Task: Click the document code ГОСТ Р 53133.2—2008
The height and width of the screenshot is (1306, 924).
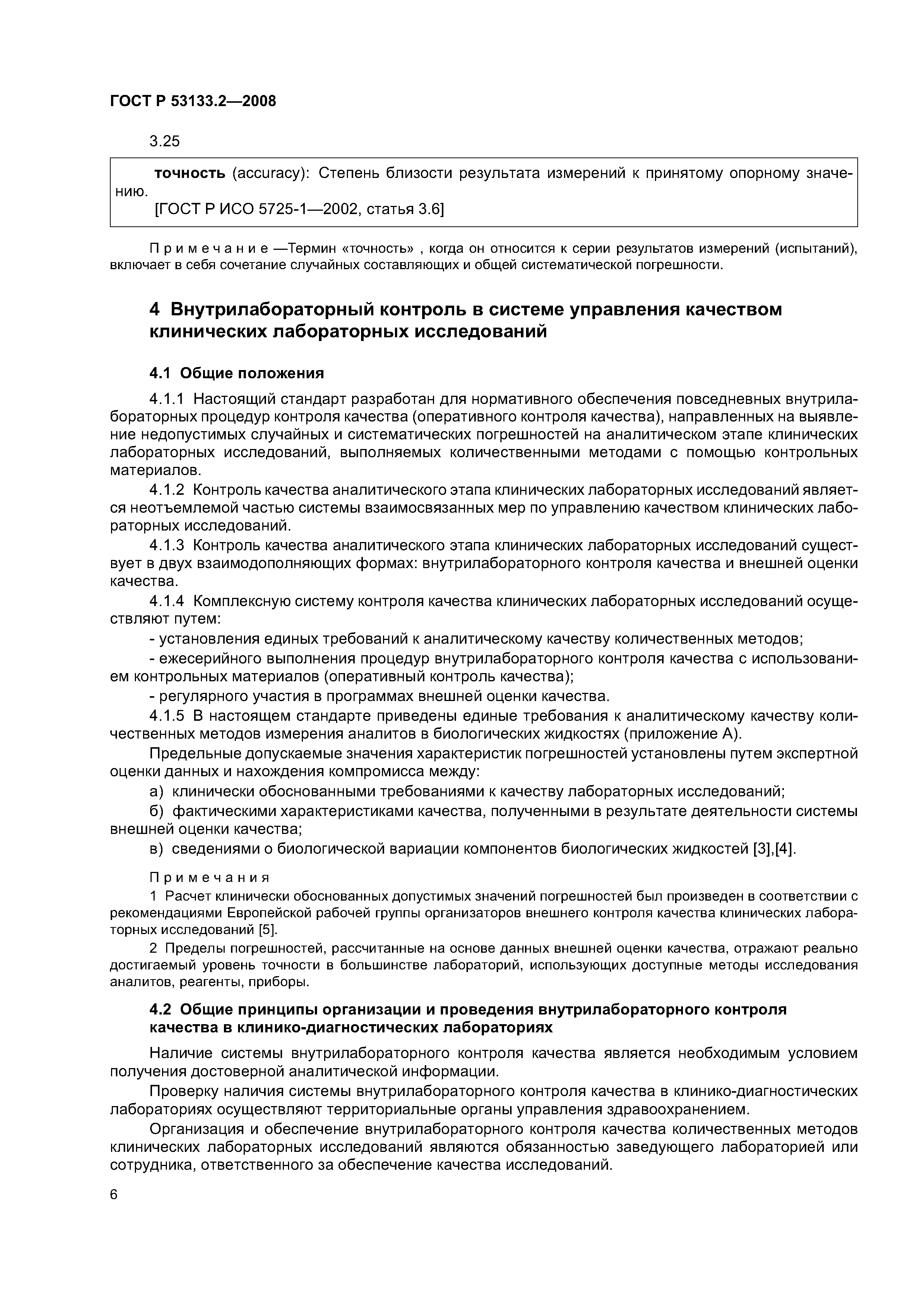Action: pyautogui.click(x=192, y=101)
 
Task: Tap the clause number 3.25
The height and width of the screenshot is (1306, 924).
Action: pyautogui.click(x=165, y=141)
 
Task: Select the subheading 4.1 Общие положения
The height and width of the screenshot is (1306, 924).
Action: pyautogui.click(x=236, y=373)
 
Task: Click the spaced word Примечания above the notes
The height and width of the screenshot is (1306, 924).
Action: pyautogui.click(x=209, y=876)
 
